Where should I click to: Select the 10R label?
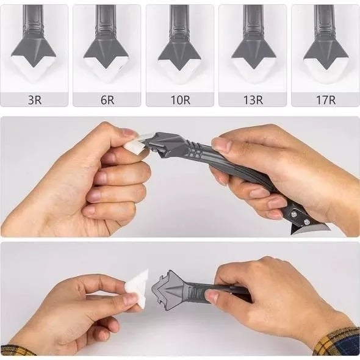pos(179,100)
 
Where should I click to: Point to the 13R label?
pos(253,100)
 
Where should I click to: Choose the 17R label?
pos(325,100)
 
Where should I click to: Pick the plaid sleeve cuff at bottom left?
pos(15,350)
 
